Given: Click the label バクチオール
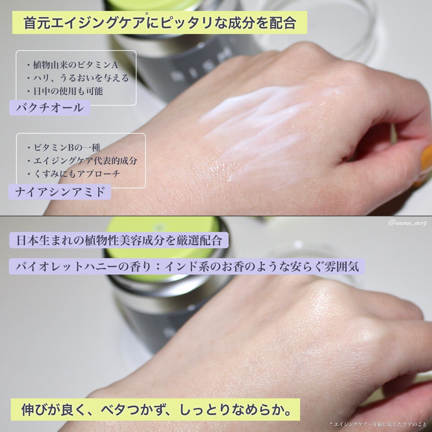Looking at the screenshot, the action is [x=50, y=108].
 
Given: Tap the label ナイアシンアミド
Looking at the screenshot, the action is [x=60, y=192].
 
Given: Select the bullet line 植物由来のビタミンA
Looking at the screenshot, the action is [x=72, y=65].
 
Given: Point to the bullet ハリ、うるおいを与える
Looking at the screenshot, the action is [x=78, y=78].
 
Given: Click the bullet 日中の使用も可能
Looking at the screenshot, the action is [x=65, y=91].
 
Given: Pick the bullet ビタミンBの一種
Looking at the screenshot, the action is [x=64, y=148].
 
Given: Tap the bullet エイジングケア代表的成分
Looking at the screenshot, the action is [x=82, y=161].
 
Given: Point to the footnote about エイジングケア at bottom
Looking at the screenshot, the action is [x=378, y=424].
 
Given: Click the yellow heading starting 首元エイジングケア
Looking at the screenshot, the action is [x=159, y=23].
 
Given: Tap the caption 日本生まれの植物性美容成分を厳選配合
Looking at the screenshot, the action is [x=119, y=240].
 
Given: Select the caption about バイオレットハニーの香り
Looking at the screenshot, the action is [x=187, y=266].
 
